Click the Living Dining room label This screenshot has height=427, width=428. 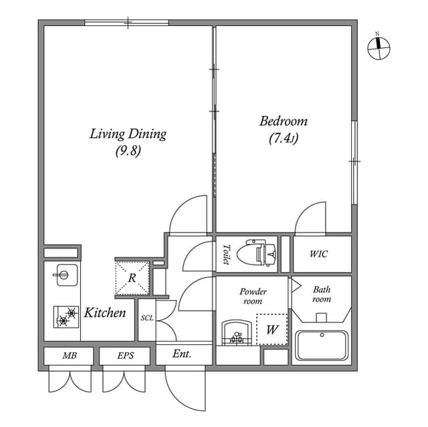(x=128, y=134)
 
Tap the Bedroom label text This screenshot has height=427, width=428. (x=284, y=122)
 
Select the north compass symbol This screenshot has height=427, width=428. (x=379, y=45)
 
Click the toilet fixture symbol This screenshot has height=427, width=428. (x=261, y=253)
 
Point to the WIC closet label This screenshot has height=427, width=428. (x=318, y=254)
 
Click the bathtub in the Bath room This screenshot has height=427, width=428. (x=321, y=345)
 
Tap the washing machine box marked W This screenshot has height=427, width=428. (x=272, y=329)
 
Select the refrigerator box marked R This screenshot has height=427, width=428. (x=132, y=277)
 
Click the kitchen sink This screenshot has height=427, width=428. (x=64, y=275)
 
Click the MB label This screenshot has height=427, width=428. (x=69, y=355)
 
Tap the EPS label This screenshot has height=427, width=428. (x=124, y=355)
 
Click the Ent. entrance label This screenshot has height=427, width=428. (x=182, y=354)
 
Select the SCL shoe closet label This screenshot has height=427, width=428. (x=147, y=318)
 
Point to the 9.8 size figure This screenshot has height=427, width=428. (x=128, y=151)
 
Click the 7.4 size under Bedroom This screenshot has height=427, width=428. (x=284, y=139)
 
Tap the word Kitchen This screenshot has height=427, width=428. (x=105, y=313)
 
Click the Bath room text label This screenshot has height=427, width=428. (x=322, y=294)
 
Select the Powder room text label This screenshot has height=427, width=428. (x=253, y=296)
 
